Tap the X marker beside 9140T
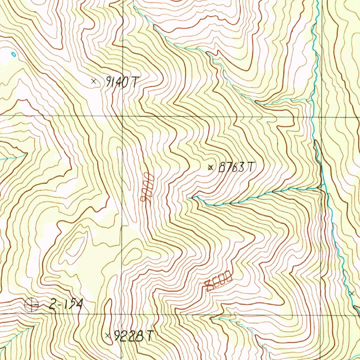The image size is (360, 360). pyautogui.click(x=94, y=81)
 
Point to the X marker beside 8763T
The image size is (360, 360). pyautogui.click(x=211, y=167)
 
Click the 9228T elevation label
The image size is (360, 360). pyautogui.click(x=134, y=336)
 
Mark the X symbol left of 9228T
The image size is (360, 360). pyautogui.click(x=108, y=336)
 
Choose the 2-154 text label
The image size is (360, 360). pyautogui.click(x=65, y=304)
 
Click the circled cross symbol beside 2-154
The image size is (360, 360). pyautogui.click(x=32, y=304)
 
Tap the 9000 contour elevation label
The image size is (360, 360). pyautogui.click(x=147, y=187)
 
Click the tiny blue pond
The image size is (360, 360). pyautogui.click(x=13, y=54)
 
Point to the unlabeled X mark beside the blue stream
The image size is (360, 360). pyautogui.click(x=352, y=293)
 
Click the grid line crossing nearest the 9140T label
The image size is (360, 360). pyautogui.click(x=122, y=115)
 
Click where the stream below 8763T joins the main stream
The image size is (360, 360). pyautogui.click(x=323, y=187)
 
